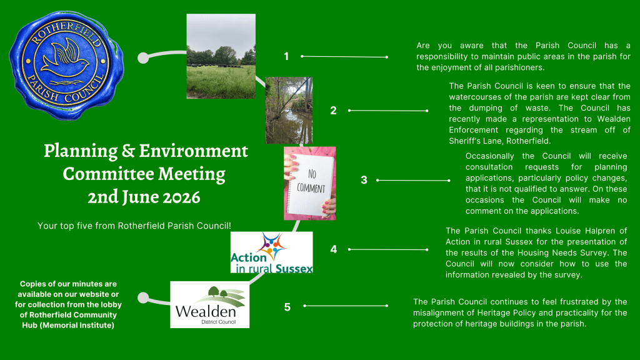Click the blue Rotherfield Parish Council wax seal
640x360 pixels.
(66, 65)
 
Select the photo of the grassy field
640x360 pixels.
(221, 56)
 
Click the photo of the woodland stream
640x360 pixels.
(289, 111)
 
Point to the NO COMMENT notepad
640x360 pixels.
(310, 183)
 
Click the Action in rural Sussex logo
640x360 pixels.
(271, 252)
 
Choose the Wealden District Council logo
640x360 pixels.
(210, 304)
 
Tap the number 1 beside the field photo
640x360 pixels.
(286, 56)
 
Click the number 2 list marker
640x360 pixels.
(334, 111)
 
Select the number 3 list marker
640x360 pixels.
(364, 180)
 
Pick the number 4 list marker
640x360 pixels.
(334, 249)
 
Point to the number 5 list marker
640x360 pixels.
(287, 307)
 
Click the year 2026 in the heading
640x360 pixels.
(182, 197)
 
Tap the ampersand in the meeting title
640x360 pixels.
(128, 151)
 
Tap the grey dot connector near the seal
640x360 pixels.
(143, 58)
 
